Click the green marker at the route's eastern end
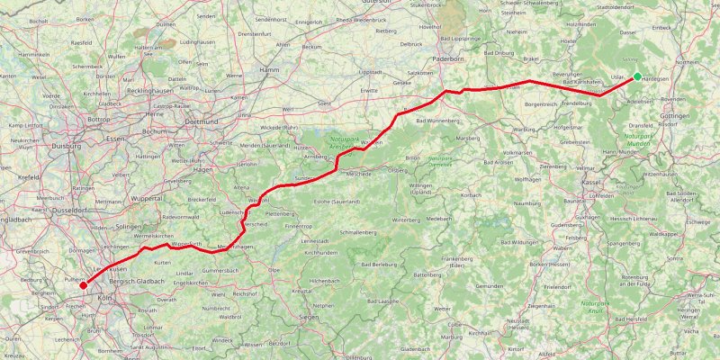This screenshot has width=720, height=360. (x=637, y=76)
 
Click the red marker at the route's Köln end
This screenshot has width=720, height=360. (x=84, y=285)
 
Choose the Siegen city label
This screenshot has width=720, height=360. (x=309, y=317)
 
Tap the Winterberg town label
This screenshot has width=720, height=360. (x=406, y=220)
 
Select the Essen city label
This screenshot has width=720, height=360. (x=115, y=139)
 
